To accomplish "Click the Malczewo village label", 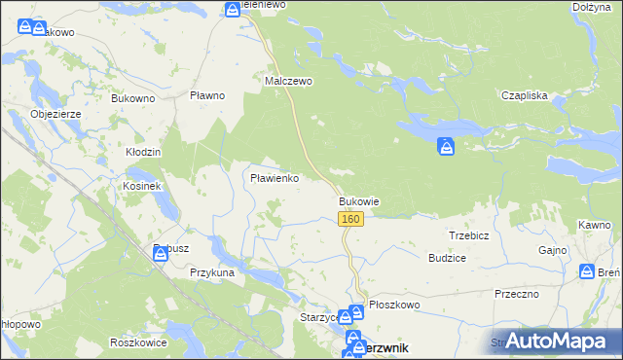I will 289,82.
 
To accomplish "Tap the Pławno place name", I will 207,95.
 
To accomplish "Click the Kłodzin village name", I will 143,153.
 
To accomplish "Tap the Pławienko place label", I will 275,179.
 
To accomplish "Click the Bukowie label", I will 358,202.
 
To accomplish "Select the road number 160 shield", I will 352,220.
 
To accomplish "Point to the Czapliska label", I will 525,95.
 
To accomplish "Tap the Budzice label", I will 447,258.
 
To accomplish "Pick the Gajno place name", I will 553,250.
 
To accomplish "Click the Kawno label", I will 593,225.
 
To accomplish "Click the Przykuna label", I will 212,273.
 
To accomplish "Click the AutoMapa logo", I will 562,342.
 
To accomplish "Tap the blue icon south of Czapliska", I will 446,147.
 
